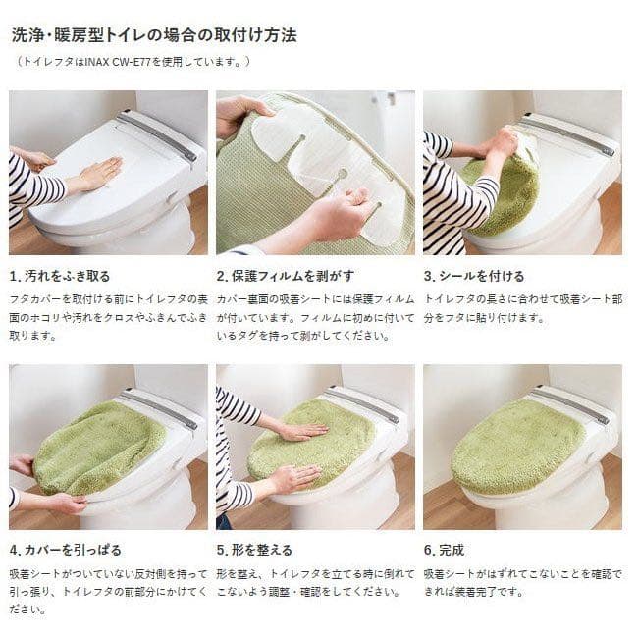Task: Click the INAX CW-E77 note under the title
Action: (133, 62)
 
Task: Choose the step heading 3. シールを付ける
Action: (474, 276)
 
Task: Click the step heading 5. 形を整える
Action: (254, 550)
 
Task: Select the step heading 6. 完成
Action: (445, 550)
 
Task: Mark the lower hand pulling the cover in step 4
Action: (59, 503)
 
